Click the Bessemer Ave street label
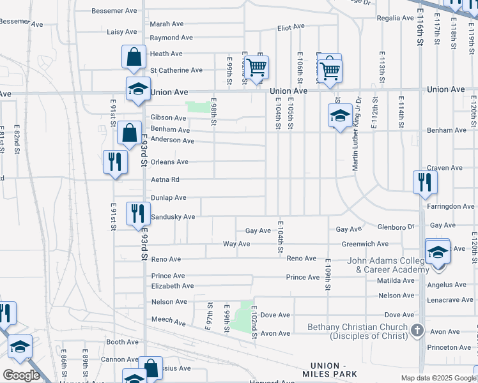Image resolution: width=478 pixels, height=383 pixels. (114, 11)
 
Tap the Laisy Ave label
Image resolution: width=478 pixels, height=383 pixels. (122, 32)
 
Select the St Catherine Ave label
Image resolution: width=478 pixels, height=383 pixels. (176, 70)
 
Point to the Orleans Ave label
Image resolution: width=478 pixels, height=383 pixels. (169, 162)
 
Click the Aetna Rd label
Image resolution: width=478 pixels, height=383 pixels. (165, 180)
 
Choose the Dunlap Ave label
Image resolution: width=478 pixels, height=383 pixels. (168, 198)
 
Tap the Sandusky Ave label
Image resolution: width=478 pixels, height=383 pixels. (173, 217)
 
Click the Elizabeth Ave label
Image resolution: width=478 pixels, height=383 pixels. (172, 286)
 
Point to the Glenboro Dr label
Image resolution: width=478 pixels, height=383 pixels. (396, 226)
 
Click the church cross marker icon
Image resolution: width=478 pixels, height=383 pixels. (417, 330)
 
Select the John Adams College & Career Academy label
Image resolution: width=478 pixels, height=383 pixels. (388, 266)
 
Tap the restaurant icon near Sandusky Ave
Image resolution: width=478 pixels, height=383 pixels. (137, 213)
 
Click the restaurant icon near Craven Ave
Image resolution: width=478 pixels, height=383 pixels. (424, 183)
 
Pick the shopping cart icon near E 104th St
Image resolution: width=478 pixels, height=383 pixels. (256, 68)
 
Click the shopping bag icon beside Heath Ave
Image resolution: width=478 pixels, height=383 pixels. (134, 57)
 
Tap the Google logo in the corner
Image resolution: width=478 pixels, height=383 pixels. (21, 375)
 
